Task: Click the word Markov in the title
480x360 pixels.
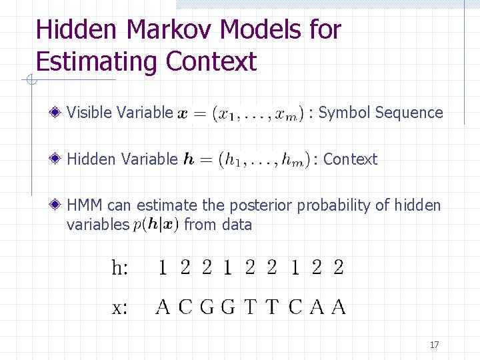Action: click(169, 30)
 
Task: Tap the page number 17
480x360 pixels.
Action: click(434, 345)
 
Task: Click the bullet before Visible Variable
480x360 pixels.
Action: click(59, 113)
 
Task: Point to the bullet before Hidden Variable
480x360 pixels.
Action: click(59, 159)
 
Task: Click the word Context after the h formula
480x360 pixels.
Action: click(350, 159)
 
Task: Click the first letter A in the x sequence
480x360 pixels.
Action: click(162, 307)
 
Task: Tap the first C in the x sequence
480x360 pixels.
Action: click(185, 307)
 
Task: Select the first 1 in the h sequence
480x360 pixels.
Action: click(163, 268)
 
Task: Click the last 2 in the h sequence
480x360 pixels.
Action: click(338, 268)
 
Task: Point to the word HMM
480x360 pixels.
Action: click(86, 205)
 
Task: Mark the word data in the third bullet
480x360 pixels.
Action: click(237, 225)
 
